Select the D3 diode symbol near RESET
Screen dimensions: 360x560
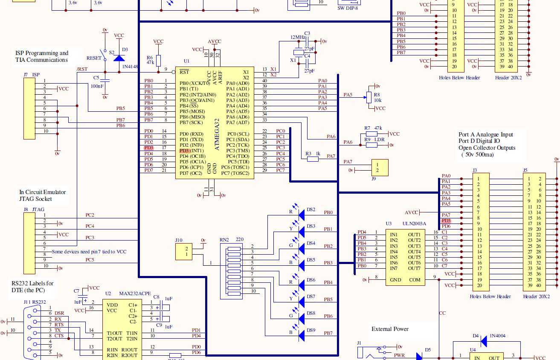(x=119, y=57)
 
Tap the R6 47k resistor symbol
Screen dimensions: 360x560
(x=158, y=60)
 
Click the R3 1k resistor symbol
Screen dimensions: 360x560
(x=313, y=159)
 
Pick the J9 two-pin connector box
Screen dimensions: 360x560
(x=380, y=168)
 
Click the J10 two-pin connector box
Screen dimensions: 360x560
(x=184, y=252)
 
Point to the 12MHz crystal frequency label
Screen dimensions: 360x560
(x=297, y=37)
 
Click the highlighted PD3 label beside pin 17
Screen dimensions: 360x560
(x=148, y=148)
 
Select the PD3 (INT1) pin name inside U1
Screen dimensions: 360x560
(x=192, y=151)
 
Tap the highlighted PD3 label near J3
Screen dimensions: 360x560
(x=446, y=221)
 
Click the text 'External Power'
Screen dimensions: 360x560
(x=390, y=329)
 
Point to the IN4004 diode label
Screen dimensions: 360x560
(x=497, y=336)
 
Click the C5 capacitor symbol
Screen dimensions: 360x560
(x=105, y=81)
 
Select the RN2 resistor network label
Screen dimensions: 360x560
(x=224, y=240)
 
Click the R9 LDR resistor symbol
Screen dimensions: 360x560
(x=371, y=145)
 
